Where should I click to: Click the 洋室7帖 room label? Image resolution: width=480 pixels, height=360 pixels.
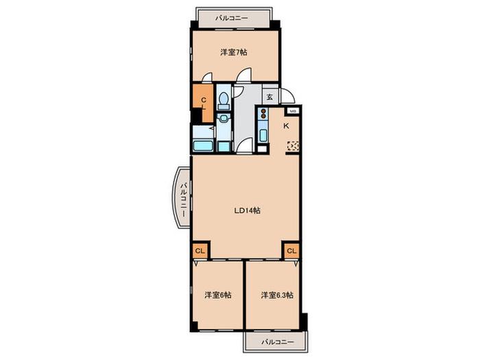coord(234,52)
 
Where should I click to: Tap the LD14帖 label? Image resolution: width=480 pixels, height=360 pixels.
coord(248,211)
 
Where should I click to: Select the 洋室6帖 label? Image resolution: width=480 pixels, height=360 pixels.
coord(217,295)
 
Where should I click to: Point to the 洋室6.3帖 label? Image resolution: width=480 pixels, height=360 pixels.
coord(277,295)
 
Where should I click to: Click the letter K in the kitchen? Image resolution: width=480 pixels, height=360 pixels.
coord(286,125)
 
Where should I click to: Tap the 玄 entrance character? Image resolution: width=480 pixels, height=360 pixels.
coord(269,97)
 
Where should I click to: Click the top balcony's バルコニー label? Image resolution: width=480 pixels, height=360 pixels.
coord(231,19)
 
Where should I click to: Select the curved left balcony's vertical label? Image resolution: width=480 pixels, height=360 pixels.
coord(183,200)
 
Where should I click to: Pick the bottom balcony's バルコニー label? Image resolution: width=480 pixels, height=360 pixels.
coord(278,342)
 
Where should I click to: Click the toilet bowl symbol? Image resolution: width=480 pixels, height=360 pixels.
coord(224,99)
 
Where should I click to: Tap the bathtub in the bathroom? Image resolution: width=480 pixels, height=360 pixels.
coord(203,145)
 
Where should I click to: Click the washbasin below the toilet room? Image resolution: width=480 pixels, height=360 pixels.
coord(224,117)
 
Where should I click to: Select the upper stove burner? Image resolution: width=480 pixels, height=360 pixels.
coord(263,111)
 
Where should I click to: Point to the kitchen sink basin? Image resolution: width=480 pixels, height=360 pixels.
coord(263,136)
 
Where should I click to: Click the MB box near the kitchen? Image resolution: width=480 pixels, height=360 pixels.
coord(293,111)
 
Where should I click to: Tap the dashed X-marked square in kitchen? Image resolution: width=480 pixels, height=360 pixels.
coord(293,146)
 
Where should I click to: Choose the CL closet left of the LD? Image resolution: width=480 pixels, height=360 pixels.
coord(200,251)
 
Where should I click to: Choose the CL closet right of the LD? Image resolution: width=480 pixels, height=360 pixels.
coord(291,251)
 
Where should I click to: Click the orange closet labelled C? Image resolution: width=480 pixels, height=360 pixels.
coord(203,102)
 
